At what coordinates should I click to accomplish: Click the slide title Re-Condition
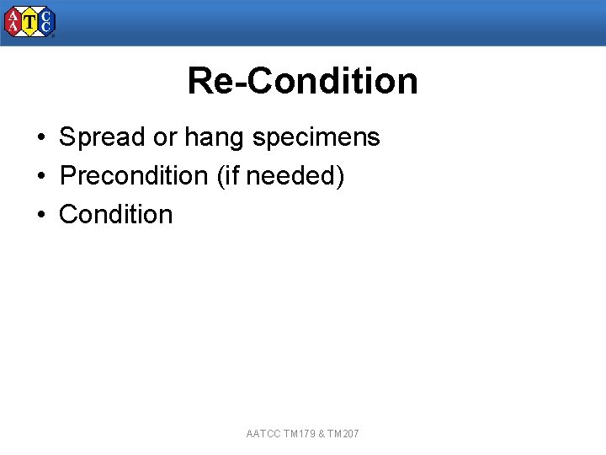tap(302, 81)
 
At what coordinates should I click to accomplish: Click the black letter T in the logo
tap(30, 23)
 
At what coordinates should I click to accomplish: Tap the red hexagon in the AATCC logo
tap(13, 23)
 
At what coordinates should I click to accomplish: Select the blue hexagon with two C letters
tap(46, 23)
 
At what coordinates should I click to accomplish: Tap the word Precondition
tap(134, 176)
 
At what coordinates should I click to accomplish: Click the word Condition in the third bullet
tap(115, 215)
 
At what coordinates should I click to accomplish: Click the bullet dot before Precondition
tap(40, 177)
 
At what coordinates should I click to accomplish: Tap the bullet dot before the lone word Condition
tap(40, 216)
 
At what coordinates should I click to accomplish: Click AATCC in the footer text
tap(263, 434)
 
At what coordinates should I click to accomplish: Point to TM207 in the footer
tap(343, 434)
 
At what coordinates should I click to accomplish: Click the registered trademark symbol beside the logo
tap(54, 36)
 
